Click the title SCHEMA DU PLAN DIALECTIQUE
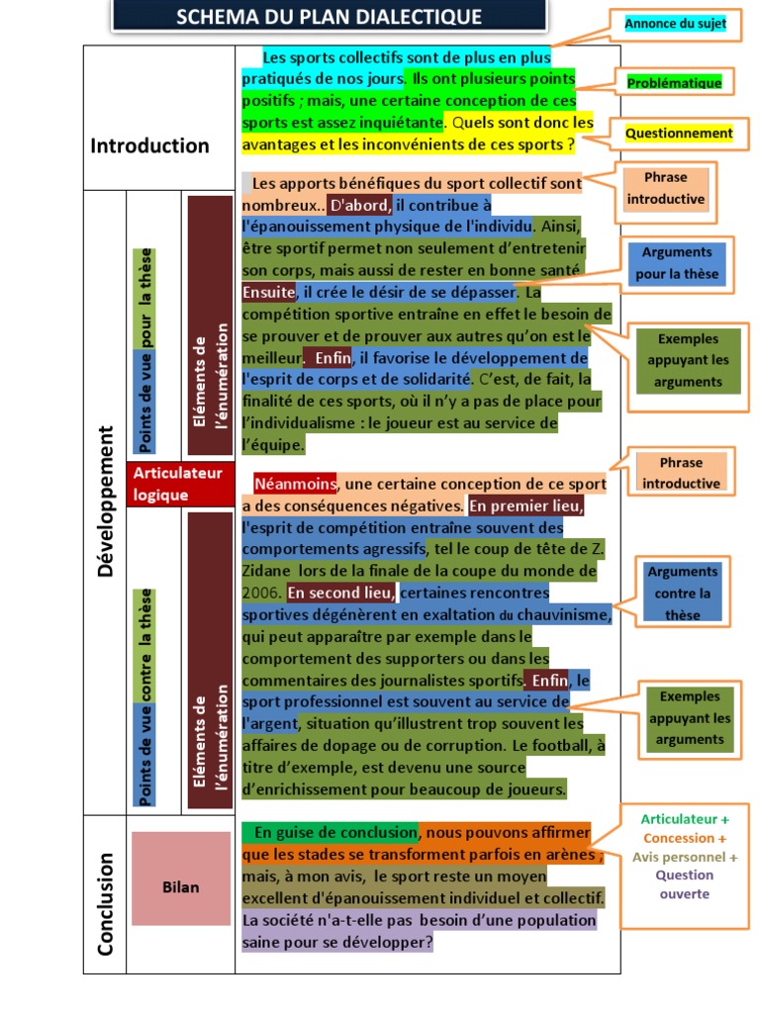tap(329, 17)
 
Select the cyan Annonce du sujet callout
tap(675, 23)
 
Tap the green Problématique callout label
tap(674, 83)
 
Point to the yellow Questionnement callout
tap(678, 134)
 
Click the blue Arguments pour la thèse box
tap(677, 263)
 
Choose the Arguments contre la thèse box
tap(683, 593)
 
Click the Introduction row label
tap(150, 146)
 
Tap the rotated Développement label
tap(105, 502)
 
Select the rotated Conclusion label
tap(105, 904)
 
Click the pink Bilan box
tap(181, 887)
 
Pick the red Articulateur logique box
tap(179, 484)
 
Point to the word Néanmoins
tap(295, 485)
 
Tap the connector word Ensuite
tap(268, 293)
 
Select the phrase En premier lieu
tap(525, 506)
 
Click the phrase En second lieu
tap(340, 594)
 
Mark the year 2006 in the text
tap(261, 594)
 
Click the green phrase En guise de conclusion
tap(330, 832)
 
